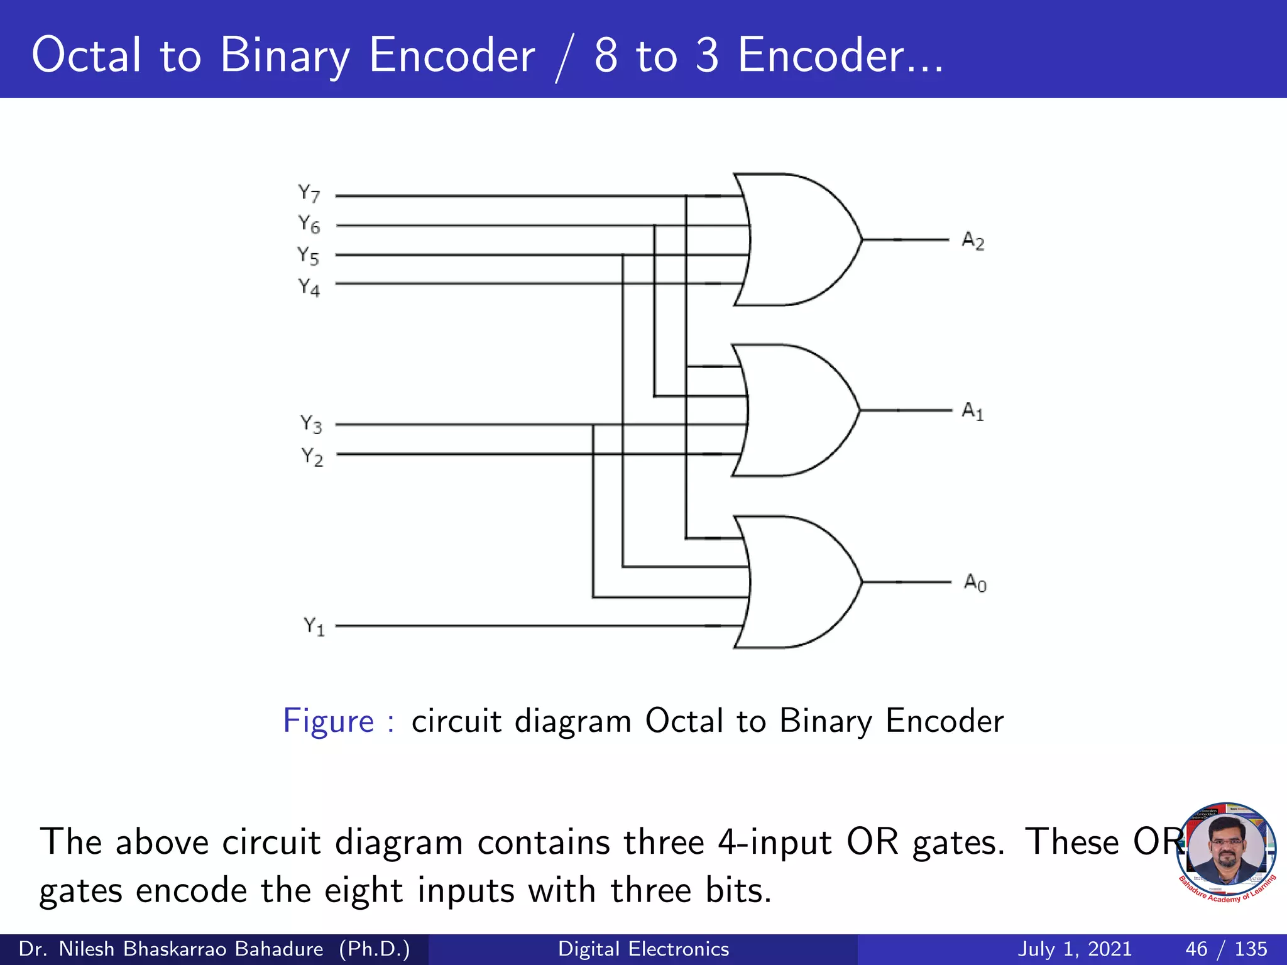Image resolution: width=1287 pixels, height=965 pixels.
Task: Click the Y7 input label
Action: tap(309, 194)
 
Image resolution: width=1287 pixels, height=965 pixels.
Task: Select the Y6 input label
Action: tap(309, 224)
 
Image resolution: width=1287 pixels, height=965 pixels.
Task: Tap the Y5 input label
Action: tap(309, 256)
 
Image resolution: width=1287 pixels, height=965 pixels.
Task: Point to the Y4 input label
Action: tap(309, 287)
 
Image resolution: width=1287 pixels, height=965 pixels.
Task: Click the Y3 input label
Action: tap(311, 424)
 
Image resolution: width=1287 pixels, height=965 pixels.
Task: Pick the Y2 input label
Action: tap(312, 456)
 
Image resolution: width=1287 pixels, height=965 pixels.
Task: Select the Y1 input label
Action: tap(314, 626)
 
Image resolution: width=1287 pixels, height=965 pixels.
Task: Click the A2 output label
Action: tap(973, 241)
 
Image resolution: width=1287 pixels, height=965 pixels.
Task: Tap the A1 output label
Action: tap(973, 412)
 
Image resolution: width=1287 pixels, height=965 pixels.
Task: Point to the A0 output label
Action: tap(975, 583)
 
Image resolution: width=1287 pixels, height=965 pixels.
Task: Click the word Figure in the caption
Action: tap(329, 721)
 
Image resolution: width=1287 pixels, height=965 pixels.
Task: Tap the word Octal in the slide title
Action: tap(87, 55)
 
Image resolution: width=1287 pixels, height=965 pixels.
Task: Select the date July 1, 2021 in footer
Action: tap(1075, 949)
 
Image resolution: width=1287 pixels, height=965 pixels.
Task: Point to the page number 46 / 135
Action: tap(1226, 949)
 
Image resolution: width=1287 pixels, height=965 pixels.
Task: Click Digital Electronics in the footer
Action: tap(643, 949)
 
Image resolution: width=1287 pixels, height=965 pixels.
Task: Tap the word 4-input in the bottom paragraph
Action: tap(775, 842)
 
